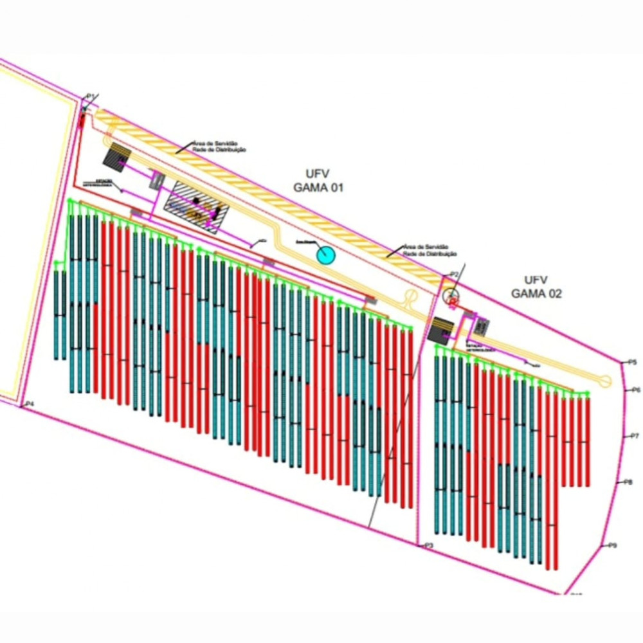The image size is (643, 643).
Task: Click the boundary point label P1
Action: [x=91, y=96]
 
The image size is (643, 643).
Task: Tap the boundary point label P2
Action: [x=454, y=275]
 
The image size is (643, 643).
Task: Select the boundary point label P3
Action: [x=429, y=545]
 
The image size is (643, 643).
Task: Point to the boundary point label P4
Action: [x=28, y=404]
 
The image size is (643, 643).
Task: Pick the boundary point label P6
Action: [x=636, y=390]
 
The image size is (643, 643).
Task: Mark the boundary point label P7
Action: [x=634, y=437]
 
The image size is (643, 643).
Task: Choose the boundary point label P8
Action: [x=628, y=482]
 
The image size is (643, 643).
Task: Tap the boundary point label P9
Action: [x=612, y=546]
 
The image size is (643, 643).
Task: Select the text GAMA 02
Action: [x=536, y=294]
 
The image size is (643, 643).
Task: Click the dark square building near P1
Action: [x=116, y=156]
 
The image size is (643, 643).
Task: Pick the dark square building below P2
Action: [x=441, y=329]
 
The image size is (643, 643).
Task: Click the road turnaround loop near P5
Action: [x=606, y=381]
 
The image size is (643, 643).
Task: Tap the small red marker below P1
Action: [x=82, y=120]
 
